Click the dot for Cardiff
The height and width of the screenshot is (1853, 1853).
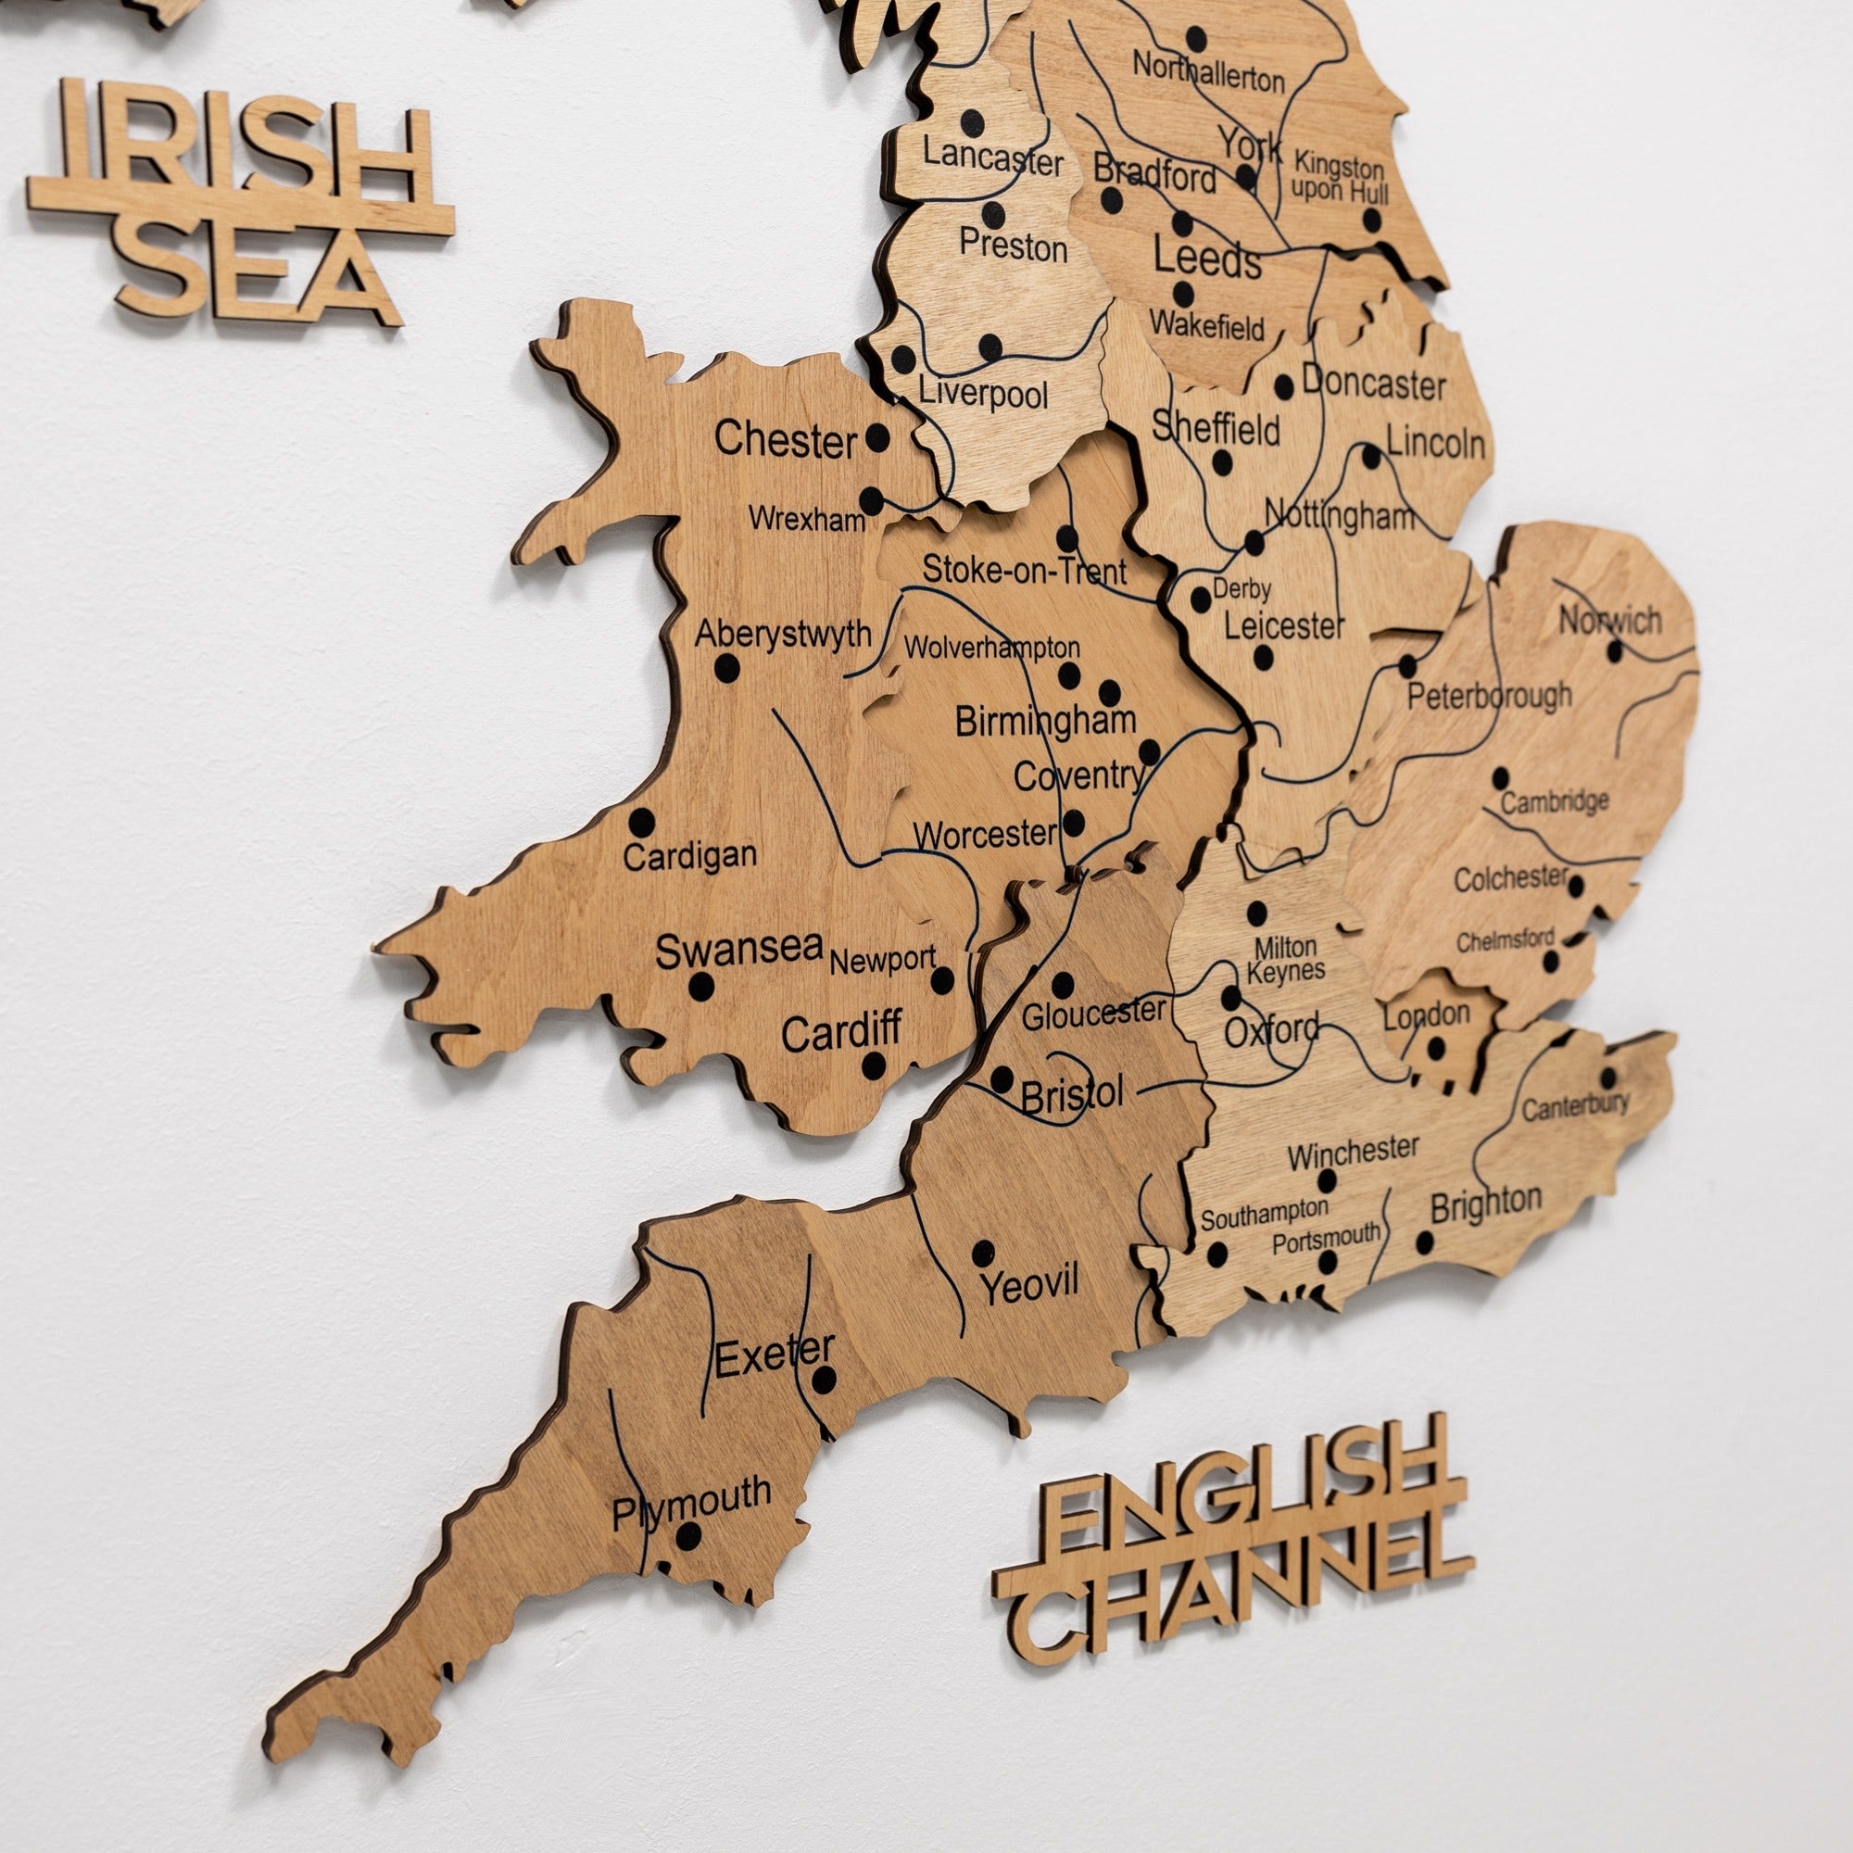[874, 1065]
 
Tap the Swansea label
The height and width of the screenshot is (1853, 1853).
[738, 951]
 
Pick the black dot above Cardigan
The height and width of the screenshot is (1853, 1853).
[642, 822]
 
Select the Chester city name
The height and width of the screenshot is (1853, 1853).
[786, 440]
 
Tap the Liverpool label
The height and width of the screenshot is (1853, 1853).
[983, 393]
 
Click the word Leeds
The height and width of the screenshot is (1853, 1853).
[1206, 259]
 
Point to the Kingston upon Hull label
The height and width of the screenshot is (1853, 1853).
[1340, 179]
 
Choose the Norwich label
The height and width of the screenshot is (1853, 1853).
[1609, 621]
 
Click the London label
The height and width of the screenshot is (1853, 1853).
[1426, 1015]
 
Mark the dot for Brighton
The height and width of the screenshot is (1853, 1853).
[1425, 1244]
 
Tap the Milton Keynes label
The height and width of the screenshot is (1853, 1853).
[1285, 959]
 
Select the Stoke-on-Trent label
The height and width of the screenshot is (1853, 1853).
[1025, 571]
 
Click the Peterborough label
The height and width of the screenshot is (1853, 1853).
[1489, 696]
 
